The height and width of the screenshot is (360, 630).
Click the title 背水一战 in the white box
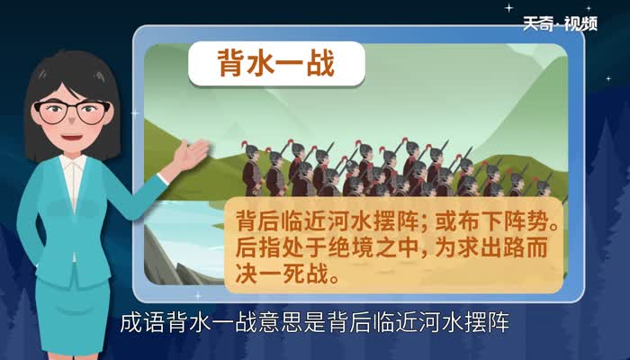[x=275, y=64]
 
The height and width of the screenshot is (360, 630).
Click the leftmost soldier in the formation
[x=252, y=167]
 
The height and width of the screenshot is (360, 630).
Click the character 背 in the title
[x=233, y=64]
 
